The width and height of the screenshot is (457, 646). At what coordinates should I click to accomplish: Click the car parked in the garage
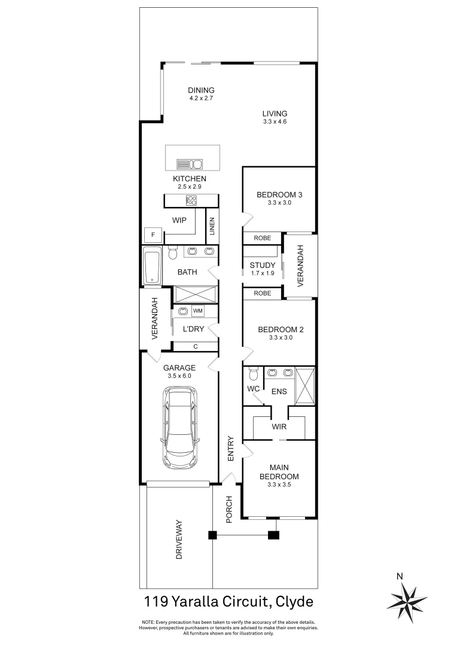click(x=179, y=428)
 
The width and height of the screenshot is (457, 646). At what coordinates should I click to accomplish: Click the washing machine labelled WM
click(x=198, y=311)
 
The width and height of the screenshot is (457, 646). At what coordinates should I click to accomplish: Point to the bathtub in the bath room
click(x=151, y=266)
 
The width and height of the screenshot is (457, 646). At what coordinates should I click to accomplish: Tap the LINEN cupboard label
click(x=212, y=227)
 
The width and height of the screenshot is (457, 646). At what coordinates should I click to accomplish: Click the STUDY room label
click(x=263, y=266)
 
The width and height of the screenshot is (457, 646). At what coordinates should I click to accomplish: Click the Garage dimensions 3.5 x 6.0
click(x=180, y=376)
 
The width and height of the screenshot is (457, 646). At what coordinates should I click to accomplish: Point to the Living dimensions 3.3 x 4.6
click(x=275, y=122)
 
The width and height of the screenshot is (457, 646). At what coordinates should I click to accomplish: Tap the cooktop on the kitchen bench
click(x=191, y=200)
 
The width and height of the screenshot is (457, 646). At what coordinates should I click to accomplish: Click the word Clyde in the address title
click(x=293, y=600)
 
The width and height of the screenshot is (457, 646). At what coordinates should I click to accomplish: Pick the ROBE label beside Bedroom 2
click(x=262, y=293)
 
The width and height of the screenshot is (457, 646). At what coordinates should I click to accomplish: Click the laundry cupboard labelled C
click(x=195, y=346)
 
